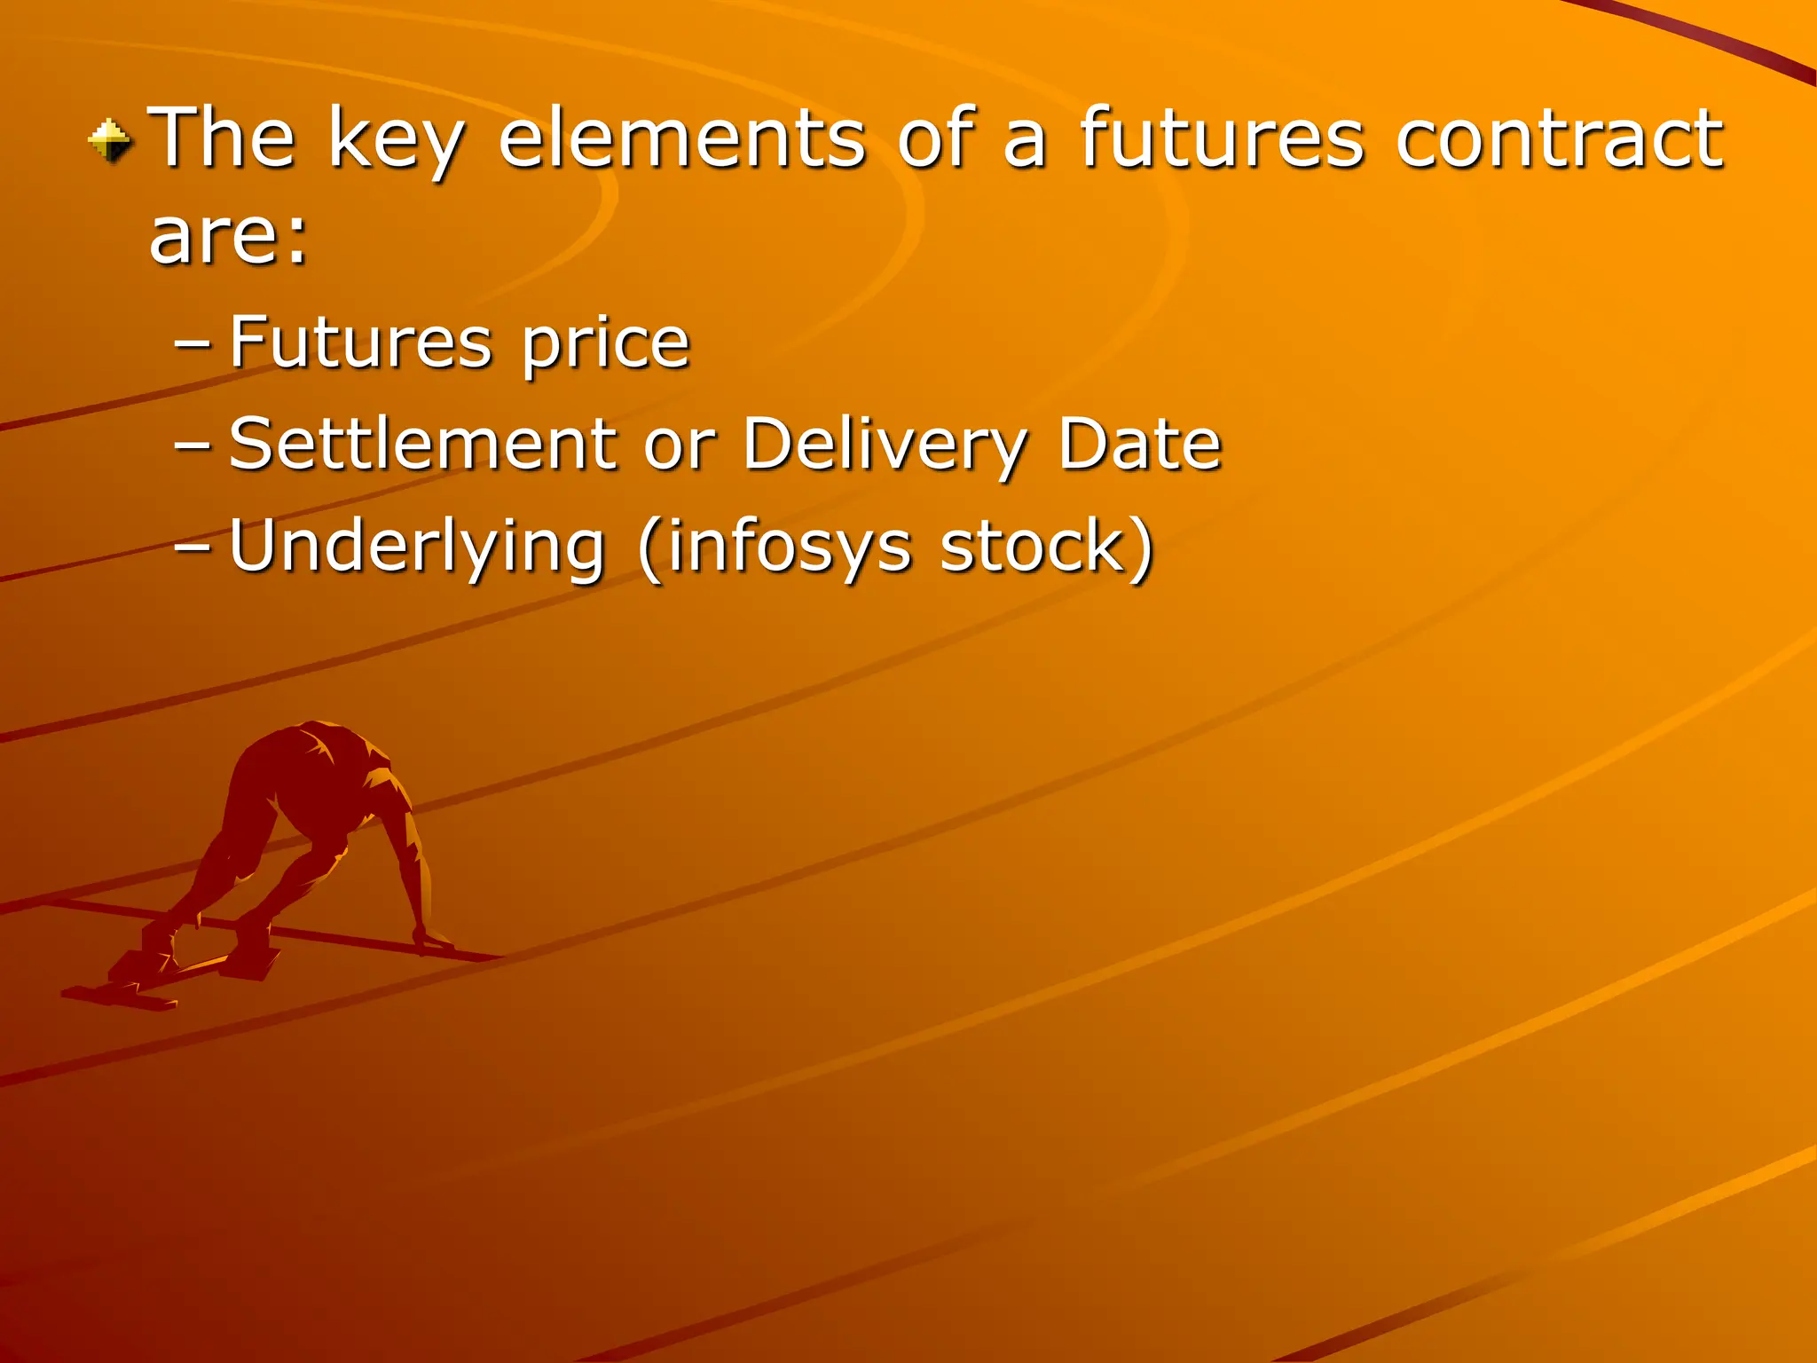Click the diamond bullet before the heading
click(110, 142)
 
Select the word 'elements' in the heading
click(681, 138)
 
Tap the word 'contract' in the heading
click(1559, 138)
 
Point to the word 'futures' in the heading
click(1221, 138)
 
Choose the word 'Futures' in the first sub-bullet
click(360, 343)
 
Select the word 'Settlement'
click(422, 444)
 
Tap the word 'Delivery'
click(885, 446)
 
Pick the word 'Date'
click(1140, 444)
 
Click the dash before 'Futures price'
click(193, 345)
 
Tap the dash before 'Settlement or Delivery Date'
click(193, 446)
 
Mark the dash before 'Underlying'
click(193, 548)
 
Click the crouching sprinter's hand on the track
click(432, 939)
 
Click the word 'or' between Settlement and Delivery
click(679, 445)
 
